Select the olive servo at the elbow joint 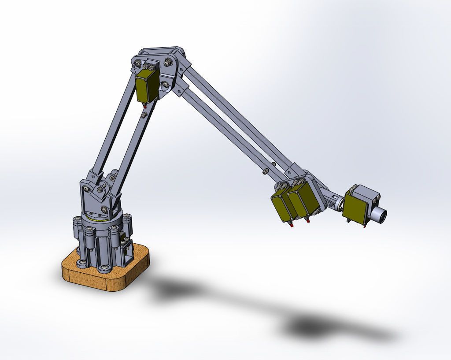(147, 86)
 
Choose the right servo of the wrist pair (303, 200)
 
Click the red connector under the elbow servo (144, 105)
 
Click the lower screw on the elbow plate (165, 84)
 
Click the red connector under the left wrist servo (291, 225)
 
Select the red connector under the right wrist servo (308, 221)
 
